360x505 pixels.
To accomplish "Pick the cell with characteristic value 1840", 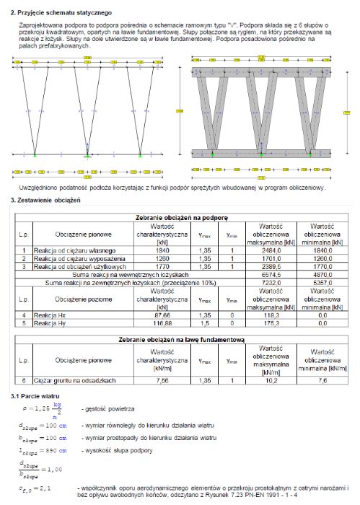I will coord(162,250).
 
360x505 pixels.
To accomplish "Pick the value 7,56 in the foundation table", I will coord(162,380).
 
